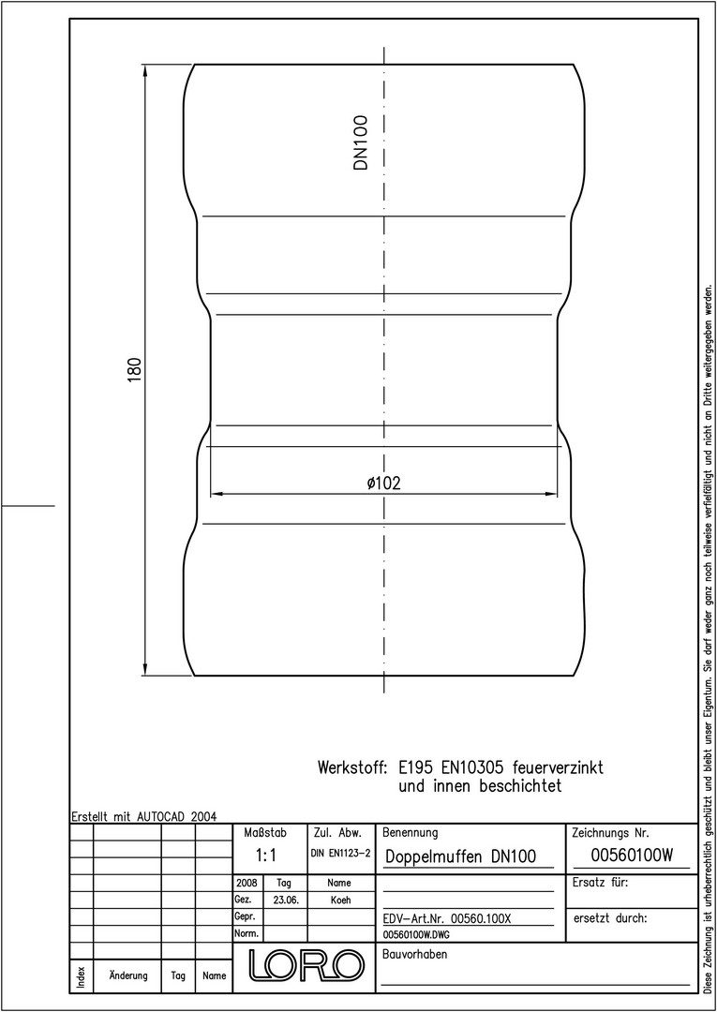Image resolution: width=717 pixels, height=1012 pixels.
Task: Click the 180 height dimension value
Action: tap(134, 369)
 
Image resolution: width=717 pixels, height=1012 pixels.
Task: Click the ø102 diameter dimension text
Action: tap(384, 484)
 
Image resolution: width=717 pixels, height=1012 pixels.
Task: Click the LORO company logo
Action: tap(306, 965)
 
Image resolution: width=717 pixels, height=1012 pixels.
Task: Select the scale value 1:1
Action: tap(266, 856)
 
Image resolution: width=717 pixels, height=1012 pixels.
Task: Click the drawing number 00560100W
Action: tap(632, 856)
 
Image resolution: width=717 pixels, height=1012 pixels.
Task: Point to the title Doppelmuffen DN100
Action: tap(461, 856)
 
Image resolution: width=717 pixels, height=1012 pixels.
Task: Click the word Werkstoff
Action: tap(352, 768)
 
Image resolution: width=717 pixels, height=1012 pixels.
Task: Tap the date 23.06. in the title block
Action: tap(285, 900)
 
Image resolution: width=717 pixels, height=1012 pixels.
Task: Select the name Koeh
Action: tap(340, 900)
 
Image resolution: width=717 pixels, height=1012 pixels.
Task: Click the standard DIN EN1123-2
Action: tap(340, 854)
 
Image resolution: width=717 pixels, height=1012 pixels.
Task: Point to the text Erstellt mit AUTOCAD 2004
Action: tap(143, 816)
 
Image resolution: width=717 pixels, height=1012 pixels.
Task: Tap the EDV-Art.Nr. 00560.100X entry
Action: tap(447, 918)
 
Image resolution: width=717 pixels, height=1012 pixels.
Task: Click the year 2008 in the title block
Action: tap(247, 883)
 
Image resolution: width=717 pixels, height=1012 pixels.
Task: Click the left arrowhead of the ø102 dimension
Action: tap(217, 495)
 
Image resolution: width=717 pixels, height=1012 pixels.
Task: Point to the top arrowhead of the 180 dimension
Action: tap(144, 70)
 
